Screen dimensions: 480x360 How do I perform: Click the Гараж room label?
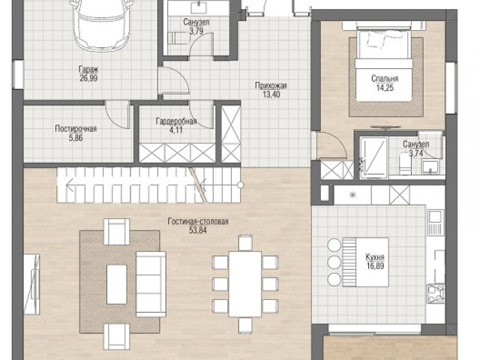(x=88, y=69)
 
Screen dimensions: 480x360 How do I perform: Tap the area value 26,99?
(x=88, y=78)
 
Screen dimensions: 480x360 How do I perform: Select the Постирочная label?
(x=76, y=128)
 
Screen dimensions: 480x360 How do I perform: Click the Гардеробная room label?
(x=176, y=121)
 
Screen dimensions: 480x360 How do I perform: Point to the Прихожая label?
(x=271, y=85)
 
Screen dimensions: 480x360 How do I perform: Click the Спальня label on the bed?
(x=385, y=79)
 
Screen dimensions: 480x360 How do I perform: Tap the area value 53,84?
(x=198, y=230)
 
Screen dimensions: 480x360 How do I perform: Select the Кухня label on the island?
(x=375, y=257)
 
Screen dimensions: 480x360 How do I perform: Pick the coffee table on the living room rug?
(x=117, y=284)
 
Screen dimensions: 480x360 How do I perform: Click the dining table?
(x=245, y=284)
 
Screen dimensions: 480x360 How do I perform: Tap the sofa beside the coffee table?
(x=151, y=284)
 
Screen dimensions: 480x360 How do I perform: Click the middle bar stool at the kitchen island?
(x=334, y=262)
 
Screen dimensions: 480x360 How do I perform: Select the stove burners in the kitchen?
(x=436, y=293)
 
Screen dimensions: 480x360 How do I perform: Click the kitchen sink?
(x=436, y=217)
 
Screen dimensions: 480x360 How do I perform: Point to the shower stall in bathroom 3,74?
(x=373, y=158)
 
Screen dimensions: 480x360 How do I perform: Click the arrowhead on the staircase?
(x=70, y=185)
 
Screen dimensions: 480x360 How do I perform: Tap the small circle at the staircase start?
(x=241, y=185)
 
